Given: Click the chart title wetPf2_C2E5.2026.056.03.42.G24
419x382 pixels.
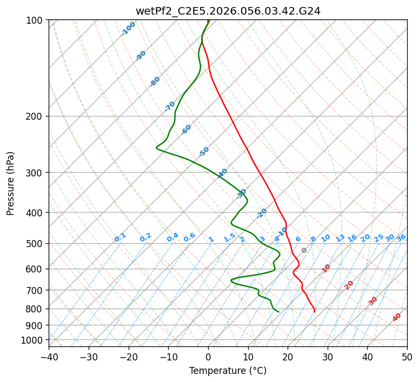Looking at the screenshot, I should pos(228,10).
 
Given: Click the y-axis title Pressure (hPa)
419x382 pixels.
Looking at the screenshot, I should pos(10,183).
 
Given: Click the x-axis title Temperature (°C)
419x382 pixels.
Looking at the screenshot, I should pos(228,371).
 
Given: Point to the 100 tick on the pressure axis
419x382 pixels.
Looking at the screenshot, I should pos(35,21).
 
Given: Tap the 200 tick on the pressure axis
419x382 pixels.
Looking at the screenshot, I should pos(35,117).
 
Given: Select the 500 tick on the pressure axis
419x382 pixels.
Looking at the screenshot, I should pos(35,244).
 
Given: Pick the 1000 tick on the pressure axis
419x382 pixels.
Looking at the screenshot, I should pos(33,340).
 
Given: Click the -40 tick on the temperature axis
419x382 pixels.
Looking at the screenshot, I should pos(49,357).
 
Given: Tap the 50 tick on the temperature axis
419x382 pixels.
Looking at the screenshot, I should pos(407,357).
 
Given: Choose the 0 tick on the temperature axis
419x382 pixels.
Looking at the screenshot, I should pos(208,357).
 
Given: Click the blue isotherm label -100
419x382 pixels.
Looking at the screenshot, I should pos(128,29).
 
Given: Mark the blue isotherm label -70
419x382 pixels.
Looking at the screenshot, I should pos(170,106).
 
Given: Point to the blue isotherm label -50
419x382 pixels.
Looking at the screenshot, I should pos(204,152).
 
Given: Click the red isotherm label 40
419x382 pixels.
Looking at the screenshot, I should pos(397,317).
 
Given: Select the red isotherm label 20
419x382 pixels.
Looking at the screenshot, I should pos(349,285).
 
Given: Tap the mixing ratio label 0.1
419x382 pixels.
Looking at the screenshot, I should pos(120,237).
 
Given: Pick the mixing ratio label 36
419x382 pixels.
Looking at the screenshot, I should pos(401,237).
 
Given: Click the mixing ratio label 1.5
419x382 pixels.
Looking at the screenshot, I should pos(229,237).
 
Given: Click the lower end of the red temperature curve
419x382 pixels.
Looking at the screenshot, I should pos(314,311).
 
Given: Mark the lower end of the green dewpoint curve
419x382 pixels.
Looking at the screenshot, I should pos(278,311).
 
